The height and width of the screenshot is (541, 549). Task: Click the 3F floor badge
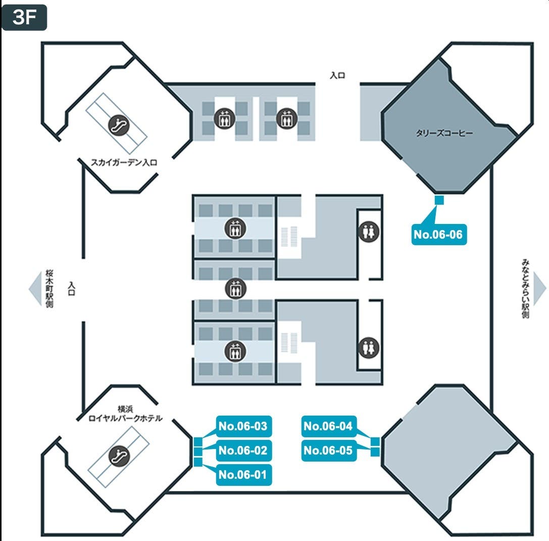click(x=24, y=18)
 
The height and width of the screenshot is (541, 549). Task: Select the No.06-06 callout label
click(x=438, y=235)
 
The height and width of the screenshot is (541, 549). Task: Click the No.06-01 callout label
click(x=243, y=475)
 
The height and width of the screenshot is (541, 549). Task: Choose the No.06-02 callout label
click(x=243, y=450)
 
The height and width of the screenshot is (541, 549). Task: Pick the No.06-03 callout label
click(x=243, y=426)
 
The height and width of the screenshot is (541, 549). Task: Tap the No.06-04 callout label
click(x=328, y=426)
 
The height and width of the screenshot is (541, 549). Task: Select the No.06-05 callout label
click(x=328, y=450)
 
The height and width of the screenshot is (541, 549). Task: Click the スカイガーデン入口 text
click(x=124, y=163)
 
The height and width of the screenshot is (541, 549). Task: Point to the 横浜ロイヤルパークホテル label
click(x=125, y=414)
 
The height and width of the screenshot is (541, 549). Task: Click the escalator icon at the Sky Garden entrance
click(x=120, y=123)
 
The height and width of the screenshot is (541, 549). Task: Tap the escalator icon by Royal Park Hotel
click(x=121, y=456)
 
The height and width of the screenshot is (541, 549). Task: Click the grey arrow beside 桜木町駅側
click(x=35, y=289)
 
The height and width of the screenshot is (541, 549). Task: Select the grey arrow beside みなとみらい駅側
click(x=540, y=289)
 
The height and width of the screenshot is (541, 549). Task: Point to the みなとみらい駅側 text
click(x=525, y=289)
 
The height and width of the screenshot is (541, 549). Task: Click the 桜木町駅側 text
click(x=49, y=289)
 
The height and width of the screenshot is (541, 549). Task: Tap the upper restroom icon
click(x=369, y=231)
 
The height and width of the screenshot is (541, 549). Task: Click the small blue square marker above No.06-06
click(x=439, y=201)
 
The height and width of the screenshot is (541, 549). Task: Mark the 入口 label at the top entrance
click(x=337, y=75)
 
